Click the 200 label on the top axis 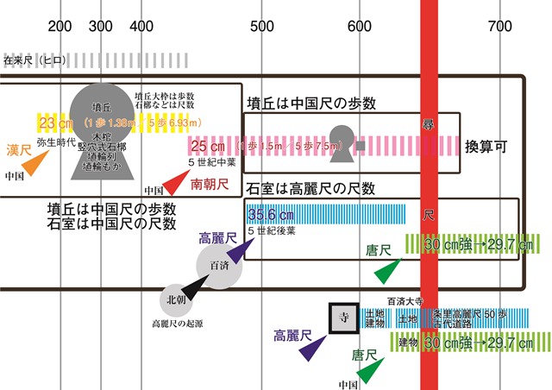(x=60, y=25)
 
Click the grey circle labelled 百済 (x=215, y=266)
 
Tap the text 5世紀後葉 (x=272, y=230)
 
